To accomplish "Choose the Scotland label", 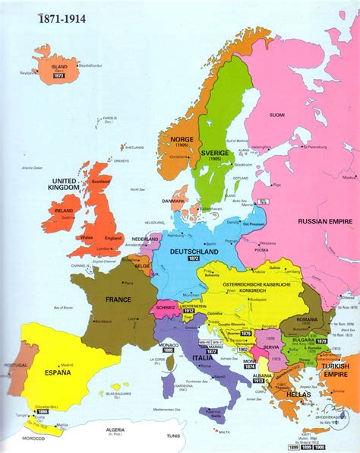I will pyautogui.click(x=99, y=182).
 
